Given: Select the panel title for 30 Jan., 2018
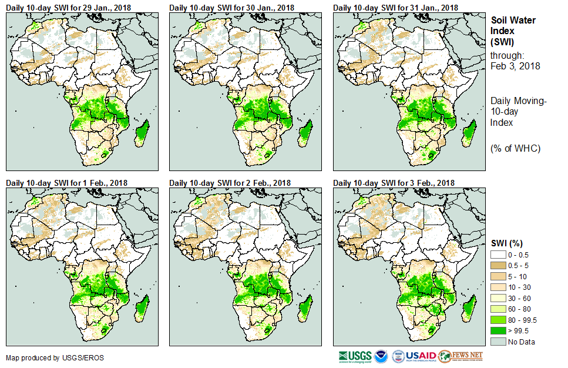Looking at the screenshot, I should click(x=232, y=8).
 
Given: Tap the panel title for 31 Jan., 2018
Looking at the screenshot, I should click(x=395, y=8).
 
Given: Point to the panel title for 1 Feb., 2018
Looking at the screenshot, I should click(x=66, y=183).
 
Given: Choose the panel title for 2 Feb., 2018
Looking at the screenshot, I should click(x=230, y=183).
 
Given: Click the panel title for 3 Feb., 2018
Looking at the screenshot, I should click(x=394, y=183).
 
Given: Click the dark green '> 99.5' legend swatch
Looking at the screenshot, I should click(x=498, y=331).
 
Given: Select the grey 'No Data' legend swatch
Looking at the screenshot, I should click(x=498, y=342).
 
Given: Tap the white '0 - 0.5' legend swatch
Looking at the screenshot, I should click(x=498, y=255).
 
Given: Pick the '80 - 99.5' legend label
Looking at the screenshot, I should click(x=523, y=320).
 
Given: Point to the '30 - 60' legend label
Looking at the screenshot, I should click(x=519, y=298).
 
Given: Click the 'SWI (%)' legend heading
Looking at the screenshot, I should click(x=507, y=243).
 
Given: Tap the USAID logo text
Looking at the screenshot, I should click(x=421, y=356).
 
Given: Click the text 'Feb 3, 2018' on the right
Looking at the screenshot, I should click(x=515, y=66).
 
